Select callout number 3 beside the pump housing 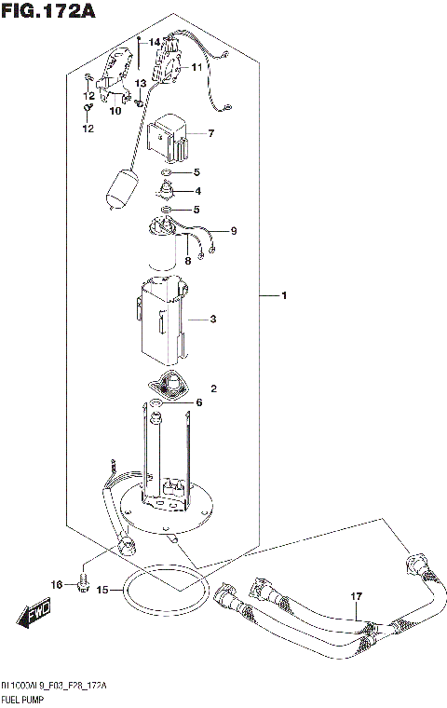[213, 320]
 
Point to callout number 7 [211, 134]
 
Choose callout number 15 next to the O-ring [102, 589]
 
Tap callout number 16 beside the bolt [57, 584]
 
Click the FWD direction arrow [33, 617]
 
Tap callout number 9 [235, 230]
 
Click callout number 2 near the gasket [213, 388]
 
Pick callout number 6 [197, 402]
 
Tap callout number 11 [197, 68]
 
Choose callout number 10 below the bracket [115, 112]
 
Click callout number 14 [154, 42]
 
